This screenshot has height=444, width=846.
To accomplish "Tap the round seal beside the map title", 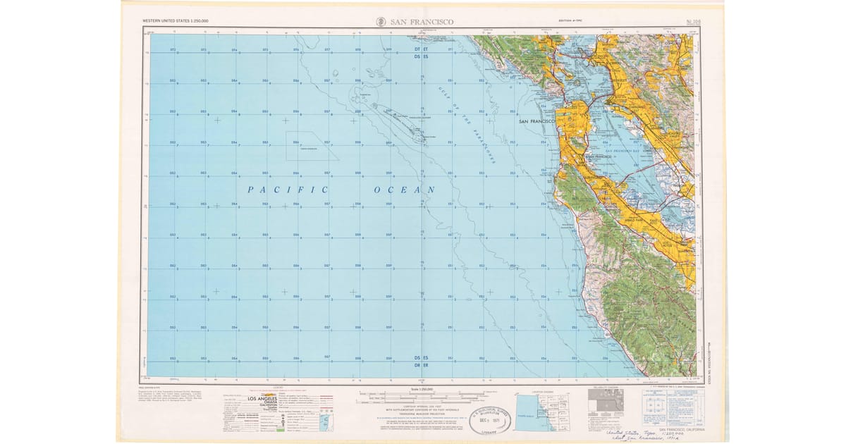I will (380, 22).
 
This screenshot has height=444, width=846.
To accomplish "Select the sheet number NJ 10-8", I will (681, 22).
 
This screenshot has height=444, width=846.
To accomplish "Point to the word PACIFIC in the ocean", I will (288, 190).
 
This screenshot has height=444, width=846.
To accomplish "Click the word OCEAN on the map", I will (404, 190).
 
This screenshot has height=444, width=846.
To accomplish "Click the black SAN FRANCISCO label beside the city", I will (537, 122).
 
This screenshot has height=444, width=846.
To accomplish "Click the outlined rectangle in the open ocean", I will (310, 146).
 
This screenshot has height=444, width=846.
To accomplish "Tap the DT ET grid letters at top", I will (422, 49).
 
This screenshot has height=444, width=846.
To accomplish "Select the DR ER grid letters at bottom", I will (422, 364).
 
